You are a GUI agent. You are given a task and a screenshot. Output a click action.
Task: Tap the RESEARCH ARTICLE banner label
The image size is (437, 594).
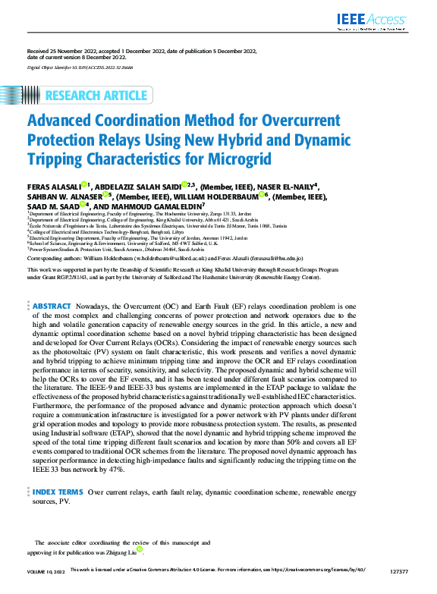pos(96,96)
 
